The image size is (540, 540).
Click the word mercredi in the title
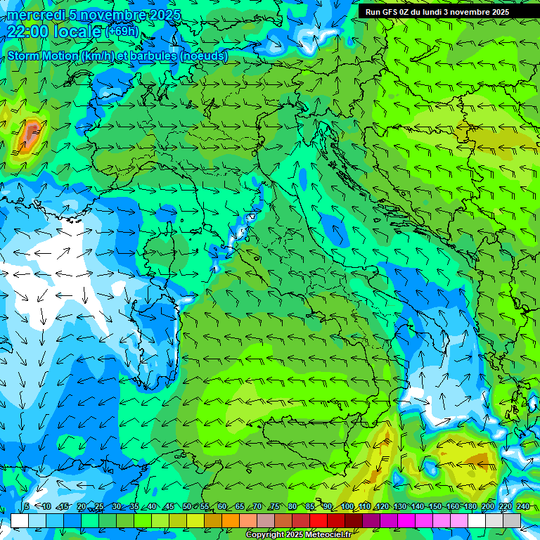[x=35, y=15]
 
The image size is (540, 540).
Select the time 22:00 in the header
[x=28, y=31]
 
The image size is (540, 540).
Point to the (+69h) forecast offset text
[x=122, y=32]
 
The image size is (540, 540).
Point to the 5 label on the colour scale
[x=27, y=506]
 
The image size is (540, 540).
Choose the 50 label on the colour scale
[x=187, y=506]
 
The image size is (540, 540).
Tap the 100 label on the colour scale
[x=347, y=506]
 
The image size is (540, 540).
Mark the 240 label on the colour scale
[x=522, y=506]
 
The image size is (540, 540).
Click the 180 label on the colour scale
[x=470, y=506]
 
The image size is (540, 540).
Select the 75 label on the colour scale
[x=275, y=506]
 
